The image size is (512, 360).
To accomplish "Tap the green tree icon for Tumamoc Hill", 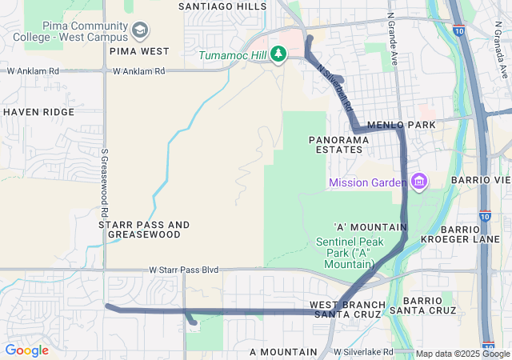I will click(278, 54).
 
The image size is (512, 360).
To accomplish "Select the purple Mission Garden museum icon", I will click(418, 182).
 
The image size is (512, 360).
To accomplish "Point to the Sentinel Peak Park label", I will click(350, 252).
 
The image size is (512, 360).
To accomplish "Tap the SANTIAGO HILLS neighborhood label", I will click(222, 6).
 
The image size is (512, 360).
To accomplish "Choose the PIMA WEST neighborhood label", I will click(139, 51).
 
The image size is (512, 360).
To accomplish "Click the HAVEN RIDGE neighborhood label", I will click(38, 112).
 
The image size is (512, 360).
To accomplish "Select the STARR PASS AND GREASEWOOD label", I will click(144, 230).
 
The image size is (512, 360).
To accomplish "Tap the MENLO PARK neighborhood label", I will click(401, 126).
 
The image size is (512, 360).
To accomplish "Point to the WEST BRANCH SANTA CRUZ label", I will click(348, 310).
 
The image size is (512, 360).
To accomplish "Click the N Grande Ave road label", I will click(392, 38).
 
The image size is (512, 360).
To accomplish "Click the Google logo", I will click(26, 350).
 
